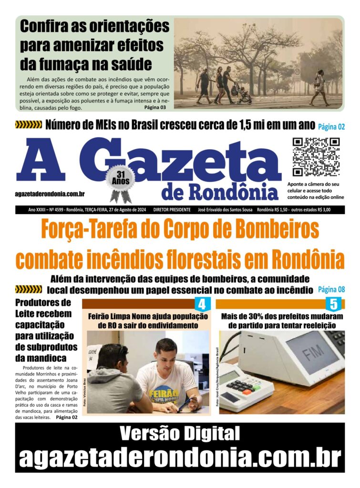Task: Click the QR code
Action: coord(315,157)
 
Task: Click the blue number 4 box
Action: coord(202,304)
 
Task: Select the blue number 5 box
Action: coord(333,304)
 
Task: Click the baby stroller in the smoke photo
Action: coord(243,93)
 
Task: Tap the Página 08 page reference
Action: coord(331,289)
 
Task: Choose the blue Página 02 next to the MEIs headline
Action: coord(331,127)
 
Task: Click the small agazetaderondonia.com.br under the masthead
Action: coord(50,194)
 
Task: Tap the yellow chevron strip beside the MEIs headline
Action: coord(29,125)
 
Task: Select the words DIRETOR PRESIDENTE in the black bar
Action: coord(172,210)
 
